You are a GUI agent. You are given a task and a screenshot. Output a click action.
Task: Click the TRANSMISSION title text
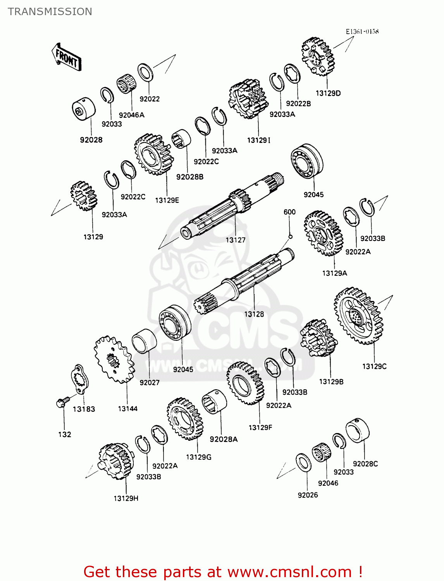pyautogui.click(x=50, y=12)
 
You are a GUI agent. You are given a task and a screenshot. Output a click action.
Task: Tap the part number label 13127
pyautogui.click(x=236, y=240)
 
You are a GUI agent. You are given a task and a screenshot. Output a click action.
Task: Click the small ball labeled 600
pyautogui.click(x=290, y=237)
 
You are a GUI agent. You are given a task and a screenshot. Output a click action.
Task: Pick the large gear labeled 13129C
pyautogui.click(x=358, y=316)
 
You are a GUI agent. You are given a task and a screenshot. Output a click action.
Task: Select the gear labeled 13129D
pyautogui.click(x=318, y=57)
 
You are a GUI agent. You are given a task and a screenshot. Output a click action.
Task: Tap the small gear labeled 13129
pyautogui.click(x=84, y=196)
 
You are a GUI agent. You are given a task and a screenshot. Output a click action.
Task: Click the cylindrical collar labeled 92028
pyautogui.click(x=84, y=109)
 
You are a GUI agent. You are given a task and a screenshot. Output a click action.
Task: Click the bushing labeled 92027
pyautogui.click(x=144, y=341)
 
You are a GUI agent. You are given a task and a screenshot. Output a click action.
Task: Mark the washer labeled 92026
pyautogui.click(x=303, y=462)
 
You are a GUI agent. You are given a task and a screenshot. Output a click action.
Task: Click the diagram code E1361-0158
pyautogui.click(x=362, y=31)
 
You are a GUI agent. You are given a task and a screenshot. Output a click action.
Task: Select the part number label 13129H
pyautogui.click(x=126, y=498)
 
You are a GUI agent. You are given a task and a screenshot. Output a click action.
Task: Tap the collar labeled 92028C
pyautogui.click(x=357, y=430)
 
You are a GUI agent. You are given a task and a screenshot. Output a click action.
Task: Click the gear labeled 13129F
pyautogui.click(x=245, y=383)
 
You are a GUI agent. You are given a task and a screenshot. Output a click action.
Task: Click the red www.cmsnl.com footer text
pyautogui.click(x=223, y=572)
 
